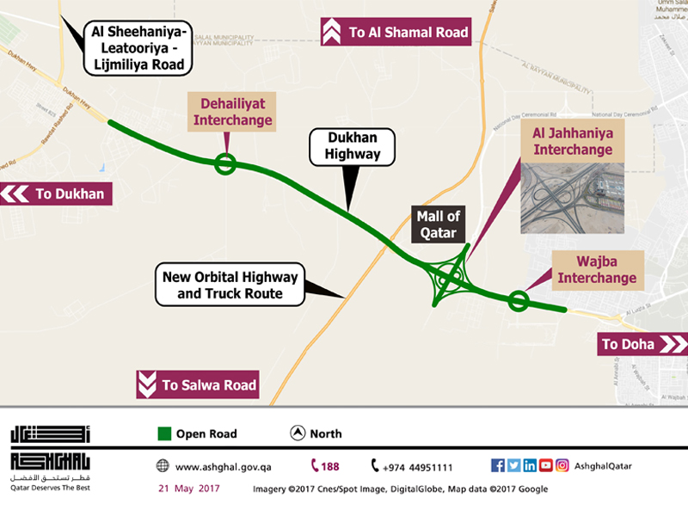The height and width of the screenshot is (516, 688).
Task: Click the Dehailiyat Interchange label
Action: tap(232, 111)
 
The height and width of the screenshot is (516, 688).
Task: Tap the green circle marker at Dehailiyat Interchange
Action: tap(225, 163)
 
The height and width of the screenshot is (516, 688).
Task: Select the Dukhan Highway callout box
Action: tap(353, 146)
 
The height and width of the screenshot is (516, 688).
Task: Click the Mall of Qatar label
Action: tap(440, 224)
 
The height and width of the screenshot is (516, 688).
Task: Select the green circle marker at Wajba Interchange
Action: tap(518, 300)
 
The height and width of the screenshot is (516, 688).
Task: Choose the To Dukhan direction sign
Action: tap(57, 194)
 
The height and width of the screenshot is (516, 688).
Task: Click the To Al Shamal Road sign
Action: tap(396, 33)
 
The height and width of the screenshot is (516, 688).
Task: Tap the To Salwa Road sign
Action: tap(198, 385)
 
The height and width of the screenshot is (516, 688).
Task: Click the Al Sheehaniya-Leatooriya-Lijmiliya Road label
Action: tap(138, 48)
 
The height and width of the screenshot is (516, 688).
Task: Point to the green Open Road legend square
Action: tap(164, 433)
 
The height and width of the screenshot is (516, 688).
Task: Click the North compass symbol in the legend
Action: tap(296, 433)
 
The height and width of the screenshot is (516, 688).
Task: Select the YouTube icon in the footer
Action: tap(545, 465)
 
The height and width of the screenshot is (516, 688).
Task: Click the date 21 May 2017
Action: tap(188, 488)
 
